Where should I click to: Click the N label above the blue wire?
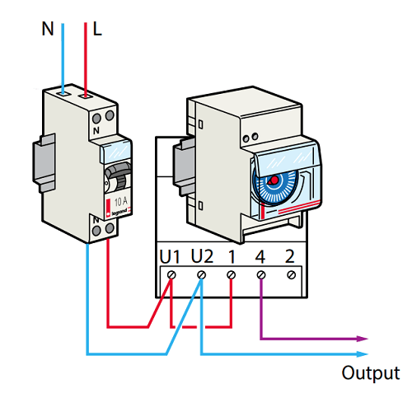pyautogui.click(x=48, y=29)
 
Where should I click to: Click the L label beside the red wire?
pyautogui.click(x=97, y=29)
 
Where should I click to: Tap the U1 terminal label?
pyautogui.click(x=170, y=257)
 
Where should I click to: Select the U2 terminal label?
pyautogui.click(x=202, y=256)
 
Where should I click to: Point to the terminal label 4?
pyautogui.click(x=260, y=257)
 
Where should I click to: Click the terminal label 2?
pyautogui.click(x=290, y=256)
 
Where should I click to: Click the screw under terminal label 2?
pyautogui.click(x=291, y=274)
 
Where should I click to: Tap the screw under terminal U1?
pyautogui.click(x=171, y=274)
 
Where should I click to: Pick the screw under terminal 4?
pyautogui.click(x=261, y=274)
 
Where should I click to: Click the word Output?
pyautogui.click(x=371, y=373)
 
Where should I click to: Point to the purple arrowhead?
pyautogui.click(x=362, y=339)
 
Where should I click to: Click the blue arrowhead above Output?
pyautogui.click(x=362, y=354)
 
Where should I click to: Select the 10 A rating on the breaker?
pyautogui.click(x=121, y=202)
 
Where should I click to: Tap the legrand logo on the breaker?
pyautogui.click(x=119, y=212)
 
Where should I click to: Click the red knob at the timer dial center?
pyautogui.click(x=274, y=180)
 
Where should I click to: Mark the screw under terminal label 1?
pyautogui.click(x=232, y=274)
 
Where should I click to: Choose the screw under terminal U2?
pyautogui.click(x=202, y=274)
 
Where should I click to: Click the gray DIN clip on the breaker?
pyautogui.click(x=44, y=162)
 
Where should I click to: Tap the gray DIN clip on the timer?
pyautogui.click(x=184, y=166)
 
